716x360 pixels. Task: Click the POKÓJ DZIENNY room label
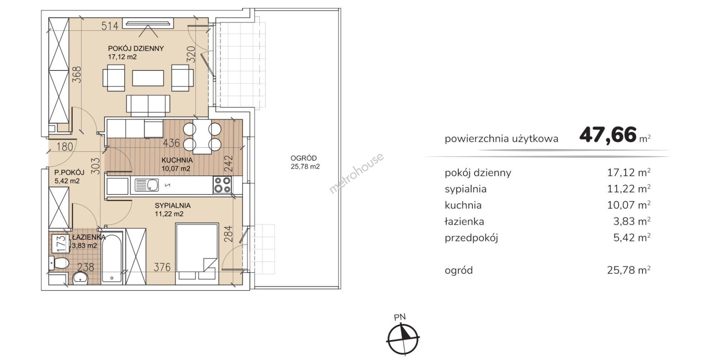pyautogui.click(x=136, y=48)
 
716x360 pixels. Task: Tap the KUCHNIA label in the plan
pyautogui.click(x=177, y=160)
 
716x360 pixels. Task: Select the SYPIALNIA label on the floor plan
pyautogui.click(x=173, y=205)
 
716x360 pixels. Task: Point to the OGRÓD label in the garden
pyautogui.click(x=304, y=158)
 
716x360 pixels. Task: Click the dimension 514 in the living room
pyautogui.click(x=110, y=26)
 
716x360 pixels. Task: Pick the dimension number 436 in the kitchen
pyautogui.click(x=172, y=143)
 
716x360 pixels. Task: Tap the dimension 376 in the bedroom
pyautogui.click(x=162, y=267)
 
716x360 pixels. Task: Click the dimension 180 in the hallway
pyautogui.click(x=65, y=147)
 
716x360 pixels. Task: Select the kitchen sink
pyautogui.click(x=147, y=185)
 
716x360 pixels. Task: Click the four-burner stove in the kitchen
pyautogui.click(x=222, y=185)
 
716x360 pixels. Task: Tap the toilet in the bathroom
pyautogui.click(x=59, y=263)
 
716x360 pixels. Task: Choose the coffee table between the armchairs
pyautogui.click(x=148, y=78)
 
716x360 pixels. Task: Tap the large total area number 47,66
pyautogui.click(x=608, y=135)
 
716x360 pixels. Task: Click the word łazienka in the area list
pyautogui.click(x=464, y=221)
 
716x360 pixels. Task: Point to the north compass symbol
pyautogui.click(x=402, y=339)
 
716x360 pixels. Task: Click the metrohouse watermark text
pyautogui.click(x=356, y=173)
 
